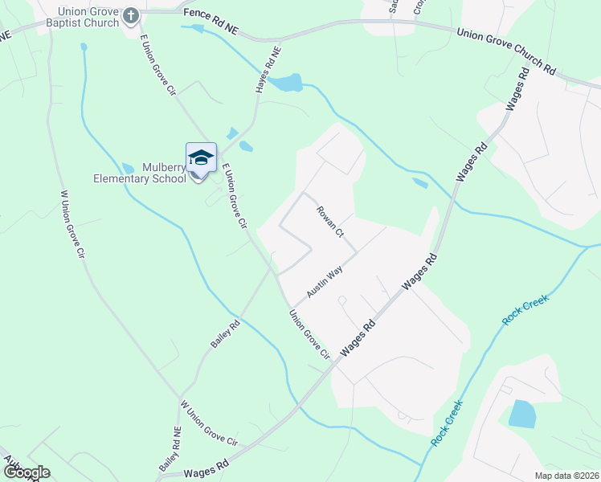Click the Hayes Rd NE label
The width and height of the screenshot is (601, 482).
[268, 71]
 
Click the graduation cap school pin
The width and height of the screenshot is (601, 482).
[201, 157]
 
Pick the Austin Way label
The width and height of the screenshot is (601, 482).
[324, 281]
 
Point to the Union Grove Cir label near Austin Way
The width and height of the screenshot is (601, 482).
[310, 334]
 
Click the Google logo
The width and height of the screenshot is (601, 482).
[26, 472]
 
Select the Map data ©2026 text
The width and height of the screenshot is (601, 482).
[566, 476]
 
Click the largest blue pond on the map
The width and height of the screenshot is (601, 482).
[521, 414]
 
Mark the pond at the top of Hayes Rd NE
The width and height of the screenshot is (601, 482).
[285, 82]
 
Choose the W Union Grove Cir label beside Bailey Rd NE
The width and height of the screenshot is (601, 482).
[210, 423]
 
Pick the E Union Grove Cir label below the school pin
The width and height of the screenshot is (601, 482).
[233, 195]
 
